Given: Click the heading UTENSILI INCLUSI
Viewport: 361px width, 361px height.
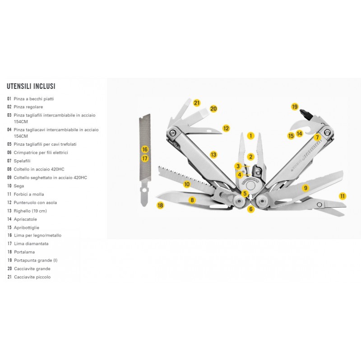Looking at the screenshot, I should (x=31, y=86).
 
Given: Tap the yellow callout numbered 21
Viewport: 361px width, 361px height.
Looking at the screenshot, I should (x=197, y=102).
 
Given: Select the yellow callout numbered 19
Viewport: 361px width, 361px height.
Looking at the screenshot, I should (x=295, y=107).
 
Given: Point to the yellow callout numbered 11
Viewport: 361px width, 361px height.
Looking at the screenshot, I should (x=343, y=196).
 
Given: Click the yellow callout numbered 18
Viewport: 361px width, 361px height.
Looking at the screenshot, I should (x=160, y=205).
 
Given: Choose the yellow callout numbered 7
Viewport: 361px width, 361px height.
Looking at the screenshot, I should (x=317, y=137).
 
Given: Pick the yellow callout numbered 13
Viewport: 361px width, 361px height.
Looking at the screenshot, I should (x=213, y=154).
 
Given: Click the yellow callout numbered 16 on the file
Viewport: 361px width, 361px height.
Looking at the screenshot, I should (x=145, y=149).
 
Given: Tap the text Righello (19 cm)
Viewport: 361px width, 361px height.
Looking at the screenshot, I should (x=30, y=211).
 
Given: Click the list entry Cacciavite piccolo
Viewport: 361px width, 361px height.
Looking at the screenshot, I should (x=32, y=277).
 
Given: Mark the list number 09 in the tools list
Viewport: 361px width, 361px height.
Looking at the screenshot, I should (x=9, y=177).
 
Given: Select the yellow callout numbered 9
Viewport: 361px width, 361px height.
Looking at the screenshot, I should (x=305, y=188).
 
